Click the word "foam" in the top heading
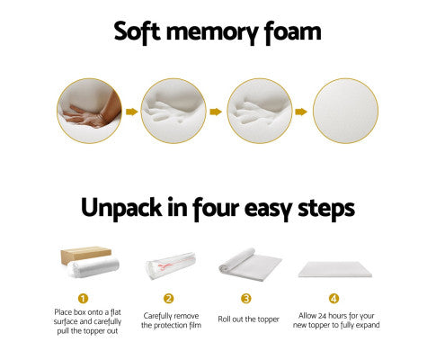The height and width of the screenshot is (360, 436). point(290,33)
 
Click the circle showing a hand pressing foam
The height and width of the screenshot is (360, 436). point(88,112)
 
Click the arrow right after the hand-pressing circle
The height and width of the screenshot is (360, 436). point(130,112)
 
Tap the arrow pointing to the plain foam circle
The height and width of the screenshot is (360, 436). point(301,112)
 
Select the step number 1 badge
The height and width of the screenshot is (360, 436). point(84,298)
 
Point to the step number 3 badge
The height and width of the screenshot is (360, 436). point(249,298)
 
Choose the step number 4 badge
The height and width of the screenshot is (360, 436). point(334,298)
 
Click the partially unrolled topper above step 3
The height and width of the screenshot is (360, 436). point(249,261)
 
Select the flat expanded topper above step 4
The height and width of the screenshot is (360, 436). point(334,267)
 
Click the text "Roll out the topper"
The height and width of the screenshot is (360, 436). point(249,319)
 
